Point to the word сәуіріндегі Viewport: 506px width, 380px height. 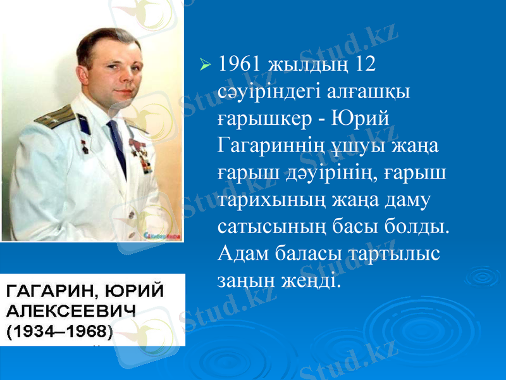click(x=270, y=92)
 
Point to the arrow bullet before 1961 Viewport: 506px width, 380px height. click(x=204, y=65)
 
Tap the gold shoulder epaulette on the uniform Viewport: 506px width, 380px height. click(x=55, y=115)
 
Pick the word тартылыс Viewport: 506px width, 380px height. click(x=390, y=254)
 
